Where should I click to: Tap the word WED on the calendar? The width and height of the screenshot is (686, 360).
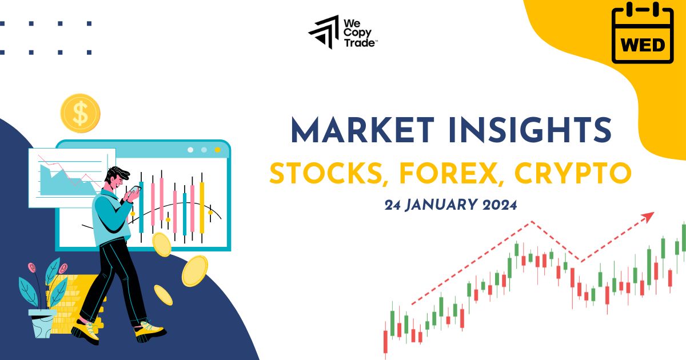click(x=643, y=45)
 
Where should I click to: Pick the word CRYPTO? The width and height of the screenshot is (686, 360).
click(x=573, y=174)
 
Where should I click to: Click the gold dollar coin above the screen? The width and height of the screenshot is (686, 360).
click(x=80, y=113)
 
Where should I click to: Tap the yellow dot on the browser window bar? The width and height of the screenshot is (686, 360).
click(x=217, y=150)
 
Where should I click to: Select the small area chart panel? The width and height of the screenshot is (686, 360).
click(x=71, y=177)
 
